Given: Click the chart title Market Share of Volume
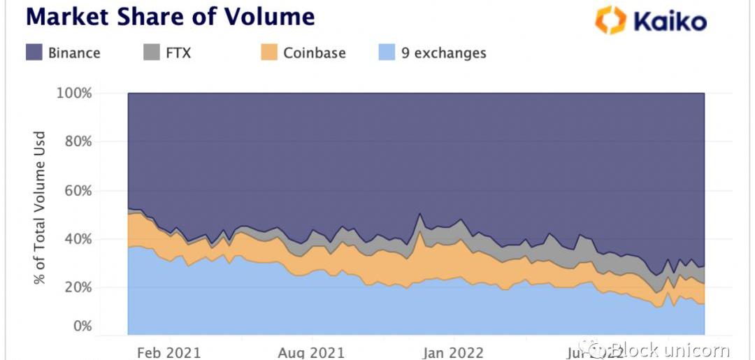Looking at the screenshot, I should tap(170, 17).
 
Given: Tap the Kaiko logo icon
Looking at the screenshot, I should tap(610, 20).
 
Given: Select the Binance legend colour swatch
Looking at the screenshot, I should tap(34, 52).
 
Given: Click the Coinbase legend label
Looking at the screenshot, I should tap(314, 52).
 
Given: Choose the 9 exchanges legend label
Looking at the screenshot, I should tap(444, 52).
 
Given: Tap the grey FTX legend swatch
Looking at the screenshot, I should tap(151, 52).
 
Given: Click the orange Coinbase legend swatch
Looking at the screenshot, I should tap(269, 52).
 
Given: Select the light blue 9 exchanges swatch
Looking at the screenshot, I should tap(387, 52).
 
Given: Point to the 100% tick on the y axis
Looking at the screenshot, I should tap(73, 94).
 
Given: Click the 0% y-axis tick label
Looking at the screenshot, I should tap(81, 326).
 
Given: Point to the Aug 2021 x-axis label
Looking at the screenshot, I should tap(311, 352).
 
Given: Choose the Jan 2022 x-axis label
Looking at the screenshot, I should tap(452, 352).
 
